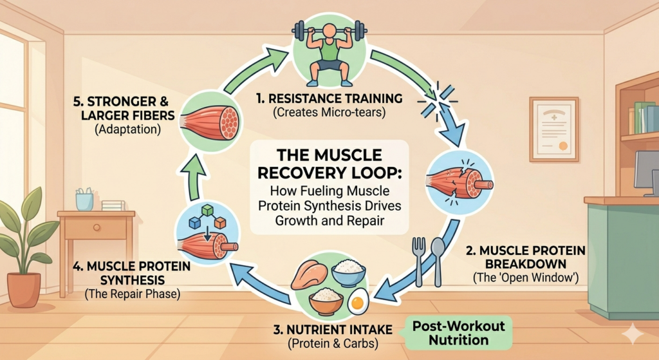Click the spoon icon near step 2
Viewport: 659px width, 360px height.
pos(437,258)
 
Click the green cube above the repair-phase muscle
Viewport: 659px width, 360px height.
pos(208,210)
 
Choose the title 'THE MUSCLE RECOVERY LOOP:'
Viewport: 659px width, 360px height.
pos(329,164)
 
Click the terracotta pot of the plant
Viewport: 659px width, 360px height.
pos(24,289)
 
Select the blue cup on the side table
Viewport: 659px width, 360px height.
pos(84,201)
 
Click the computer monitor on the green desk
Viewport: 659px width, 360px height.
pos(646,171)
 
